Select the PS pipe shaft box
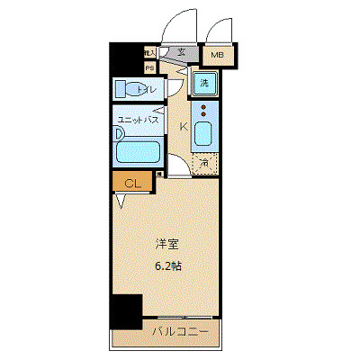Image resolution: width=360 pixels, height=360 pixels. [149, 67]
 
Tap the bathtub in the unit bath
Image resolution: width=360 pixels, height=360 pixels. [139, 149]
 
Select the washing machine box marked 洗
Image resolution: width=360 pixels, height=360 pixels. [203, 84]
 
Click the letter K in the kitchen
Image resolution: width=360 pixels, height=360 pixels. [184, 126]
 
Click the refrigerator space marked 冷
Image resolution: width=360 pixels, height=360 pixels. [204, 164]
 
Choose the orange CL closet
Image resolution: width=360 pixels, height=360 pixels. [132, 184]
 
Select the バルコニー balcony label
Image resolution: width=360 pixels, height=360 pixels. [166, 332]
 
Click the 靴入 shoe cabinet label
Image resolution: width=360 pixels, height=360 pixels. [149, 54]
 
